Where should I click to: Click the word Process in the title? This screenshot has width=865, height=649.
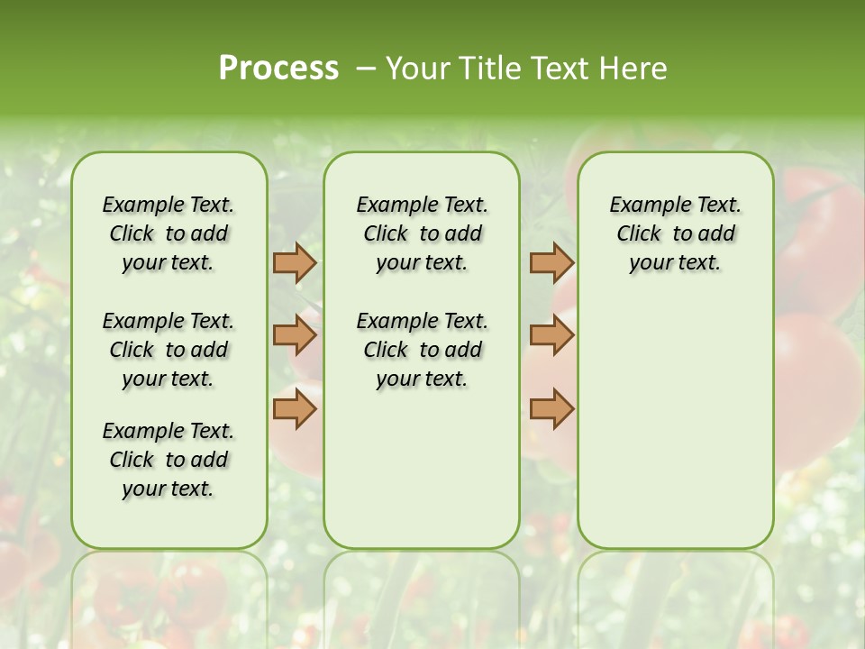(x=278, y=69)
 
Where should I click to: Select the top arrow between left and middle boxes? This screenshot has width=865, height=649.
(x=295, y=262)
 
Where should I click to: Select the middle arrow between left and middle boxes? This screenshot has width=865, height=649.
(x=295, y=335)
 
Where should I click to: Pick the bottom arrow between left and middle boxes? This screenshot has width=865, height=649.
(x=295, y=408)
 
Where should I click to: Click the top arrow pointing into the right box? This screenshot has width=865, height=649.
(x=551, y=262)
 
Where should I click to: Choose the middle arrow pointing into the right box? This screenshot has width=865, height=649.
(x=551, y=335)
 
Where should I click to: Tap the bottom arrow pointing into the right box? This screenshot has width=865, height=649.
(x=551, y=408)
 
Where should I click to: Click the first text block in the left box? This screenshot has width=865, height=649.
(x=168, y=233)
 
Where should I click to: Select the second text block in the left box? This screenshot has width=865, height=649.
(x=168, y=350)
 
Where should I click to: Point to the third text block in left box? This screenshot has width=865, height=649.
(x=168, y=460)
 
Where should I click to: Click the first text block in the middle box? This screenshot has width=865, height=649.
(x=422, y=233)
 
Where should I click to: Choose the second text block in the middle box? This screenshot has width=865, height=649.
(x=422, y=350)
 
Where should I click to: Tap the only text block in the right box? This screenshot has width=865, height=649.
(x=675, y=233)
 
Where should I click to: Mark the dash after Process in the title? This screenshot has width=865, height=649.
(x=366, y=69)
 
